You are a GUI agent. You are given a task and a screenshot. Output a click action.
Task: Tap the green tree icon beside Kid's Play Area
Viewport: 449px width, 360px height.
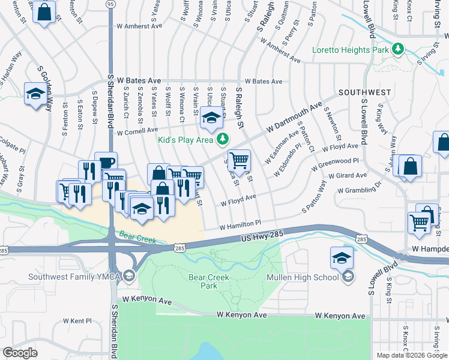coord(223,139)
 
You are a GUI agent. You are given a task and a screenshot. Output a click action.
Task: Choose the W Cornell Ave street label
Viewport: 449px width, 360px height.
coord(137,130)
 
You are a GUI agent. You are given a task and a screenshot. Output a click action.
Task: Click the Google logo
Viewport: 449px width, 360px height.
coord(20,353)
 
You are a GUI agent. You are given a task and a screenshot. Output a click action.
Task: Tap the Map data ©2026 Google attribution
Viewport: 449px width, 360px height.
coord(411,355)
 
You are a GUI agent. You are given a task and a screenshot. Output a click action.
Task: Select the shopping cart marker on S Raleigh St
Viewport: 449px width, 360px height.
coord(239,160)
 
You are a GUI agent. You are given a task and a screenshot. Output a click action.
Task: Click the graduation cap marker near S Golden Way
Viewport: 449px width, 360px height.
coord(35,94)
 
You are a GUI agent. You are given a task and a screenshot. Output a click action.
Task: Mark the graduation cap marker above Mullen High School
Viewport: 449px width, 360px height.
coord(341,258)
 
